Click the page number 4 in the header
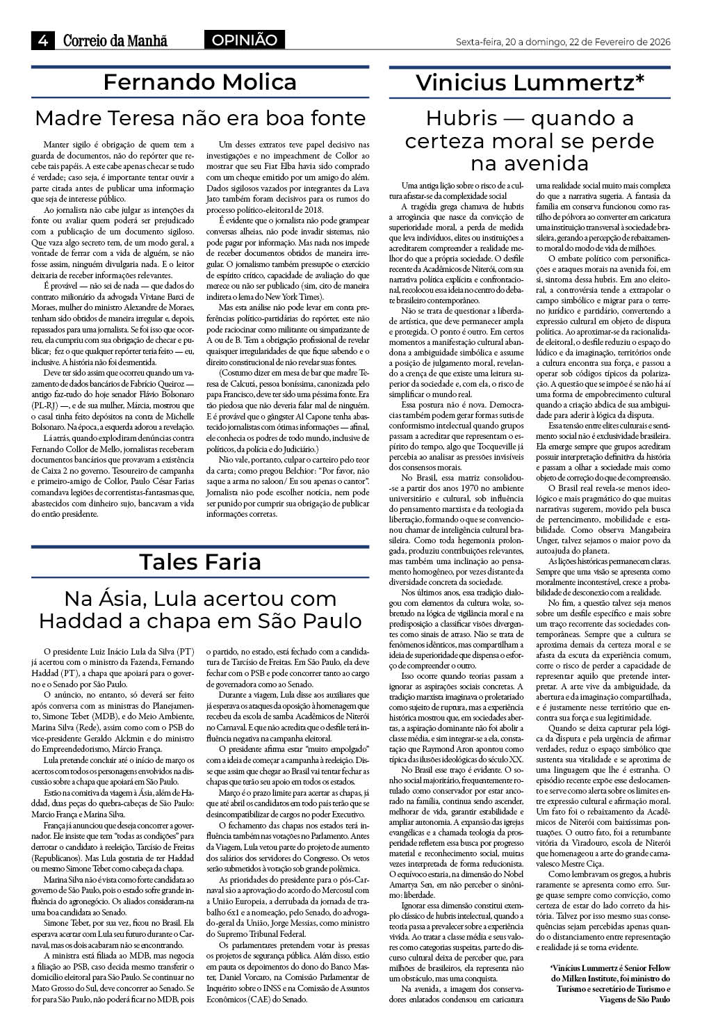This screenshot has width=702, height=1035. [42, 41]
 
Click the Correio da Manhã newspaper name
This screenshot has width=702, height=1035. [115, 41]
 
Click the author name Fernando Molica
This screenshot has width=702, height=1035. [200, 82]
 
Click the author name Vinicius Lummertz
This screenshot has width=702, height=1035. [525, 83]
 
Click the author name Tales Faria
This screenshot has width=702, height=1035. [200, 561]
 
